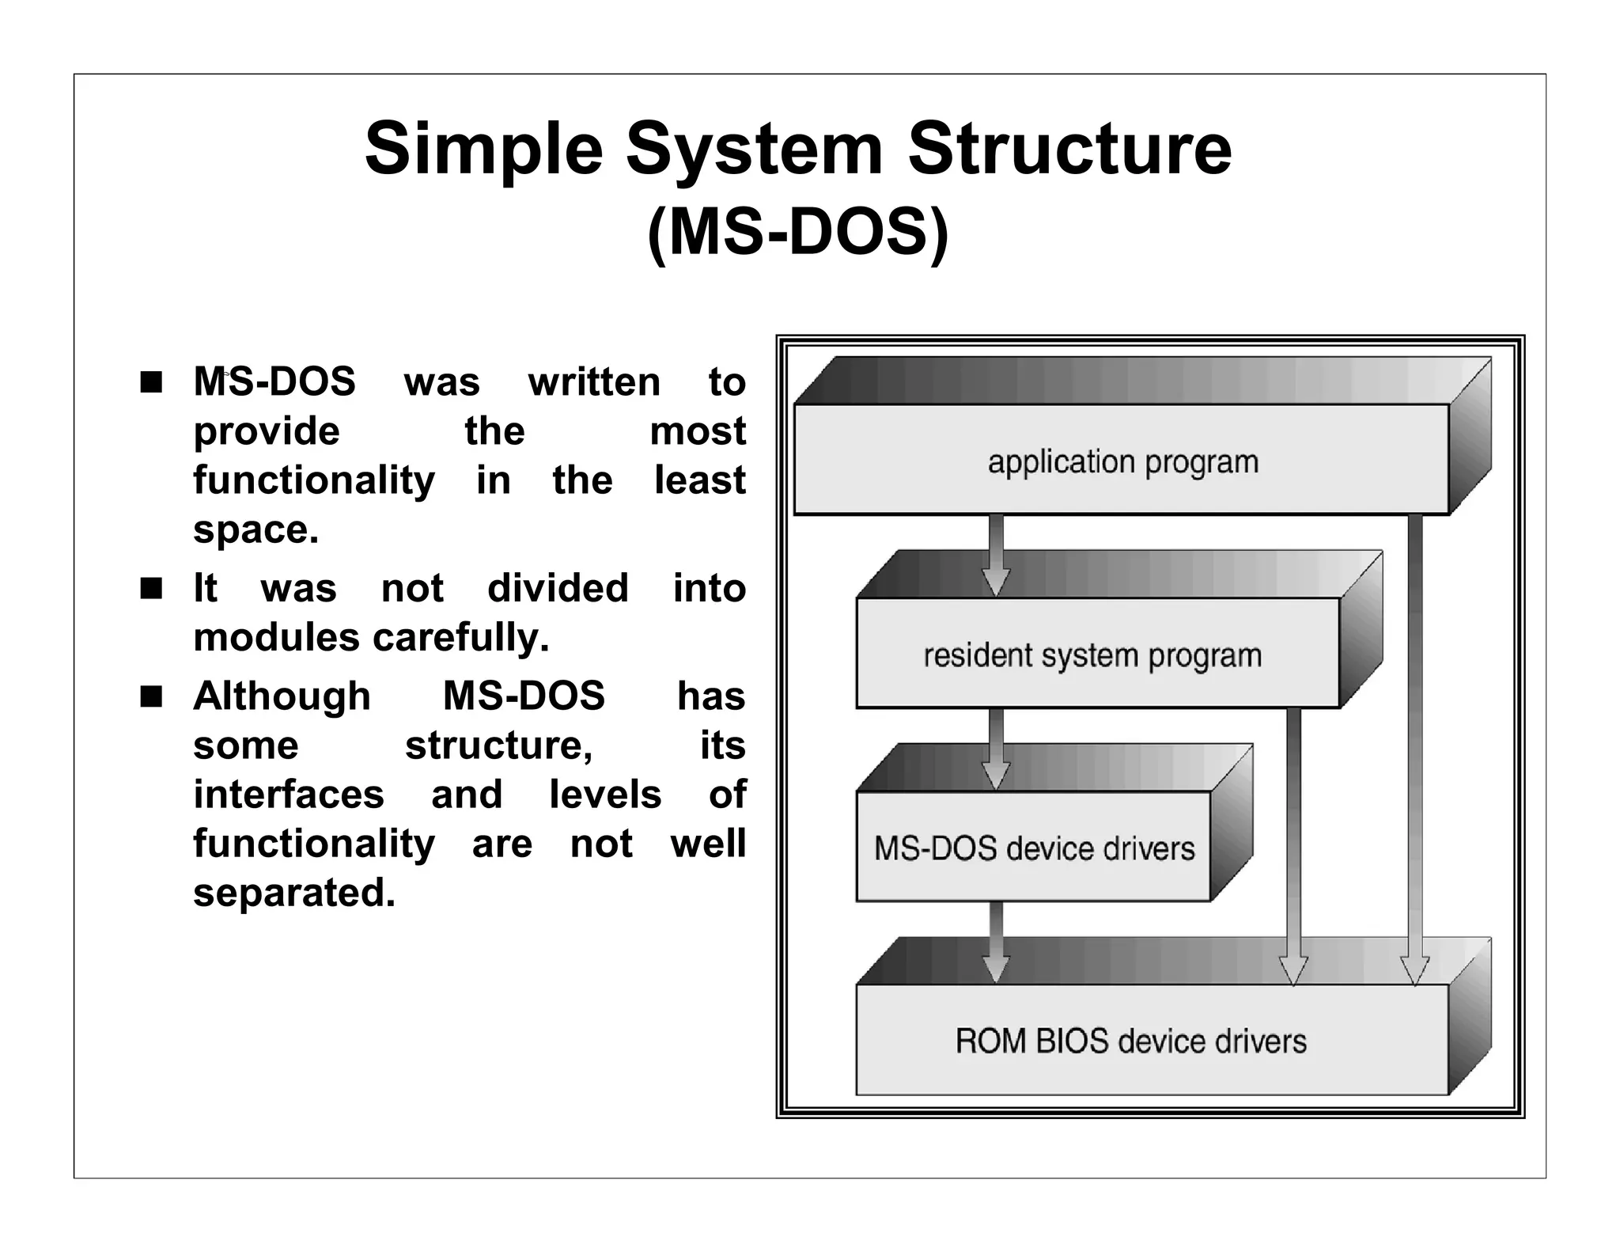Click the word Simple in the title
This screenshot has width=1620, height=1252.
pyautogui.click(x=483, y=150)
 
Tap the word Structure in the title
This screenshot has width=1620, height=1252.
pyautogui.click(x=1069, y=148)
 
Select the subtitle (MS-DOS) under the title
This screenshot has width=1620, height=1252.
pyautogui.click(x=797, y=233)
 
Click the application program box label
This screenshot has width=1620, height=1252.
pyautogui.click(x=1122, y=461)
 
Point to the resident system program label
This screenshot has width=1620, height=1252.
pyautogui.click(x=1092, y=655)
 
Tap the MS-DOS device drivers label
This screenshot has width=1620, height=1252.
pyautogui.click(x=1033, y=848)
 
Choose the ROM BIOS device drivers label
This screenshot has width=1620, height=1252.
pyautogui.click(x=1130, y=1041)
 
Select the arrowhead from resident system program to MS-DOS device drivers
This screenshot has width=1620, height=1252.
pyautogui.click(x=996, y=774)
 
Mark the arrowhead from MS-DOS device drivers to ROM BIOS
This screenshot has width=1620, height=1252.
pyautogui.click(x=996, y=968)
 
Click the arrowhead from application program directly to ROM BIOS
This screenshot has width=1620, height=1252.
pyautogui.click(x=1414, y=970)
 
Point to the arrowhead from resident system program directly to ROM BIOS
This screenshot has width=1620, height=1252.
pyautogui.click(x=1293, y=970)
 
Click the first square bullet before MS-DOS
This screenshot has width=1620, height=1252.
pyautogui.click(x=150, y=383)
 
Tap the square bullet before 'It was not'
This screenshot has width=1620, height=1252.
pyautogui.click(x=150, y=589)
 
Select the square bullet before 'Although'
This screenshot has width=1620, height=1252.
pyautogui.click(x=150, y=697)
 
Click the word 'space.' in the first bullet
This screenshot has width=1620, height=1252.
pyautogui.click(x=255, y=529)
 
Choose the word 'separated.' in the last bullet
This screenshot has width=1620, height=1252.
pyautogui.click(x=293, y=893)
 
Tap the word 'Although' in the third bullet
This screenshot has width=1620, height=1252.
pyautogui.click(x=282, y=696)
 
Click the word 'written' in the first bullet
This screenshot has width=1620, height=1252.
pyautogui.click(x=594, y=382)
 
